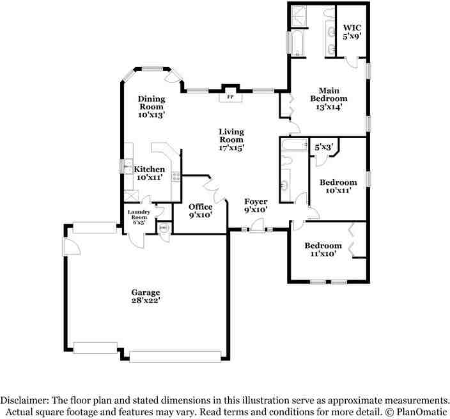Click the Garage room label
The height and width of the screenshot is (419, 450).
[x=146, y=296]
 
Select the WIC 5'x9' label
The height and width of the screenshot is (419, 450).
[x=352, y=32]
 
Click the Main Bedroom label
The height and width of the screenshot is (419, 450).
[x=329, y=99]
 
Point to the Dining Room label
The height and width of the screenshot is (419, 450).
[x=151, y=107]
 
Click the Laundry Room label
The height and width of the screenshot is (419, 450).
[x=138, y=217]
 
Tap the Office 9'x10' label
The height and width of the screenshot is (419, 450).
[x=200, y=210]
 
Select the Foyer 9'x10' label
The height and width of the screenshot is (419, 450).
[x=256, y=205]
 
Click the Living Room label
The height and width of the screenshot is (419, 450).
[x=231, y=139]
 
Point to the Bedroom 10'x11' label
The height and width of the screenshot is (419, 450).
[x=338, y=186]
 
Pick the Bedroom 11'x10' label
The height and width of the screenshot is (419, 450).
[x=323, y=249]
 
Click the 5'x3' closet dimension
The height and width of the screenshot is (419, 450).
[x=324, y=148]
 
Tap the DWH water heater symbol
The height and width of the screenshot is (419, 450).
[x=163, y=228]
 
